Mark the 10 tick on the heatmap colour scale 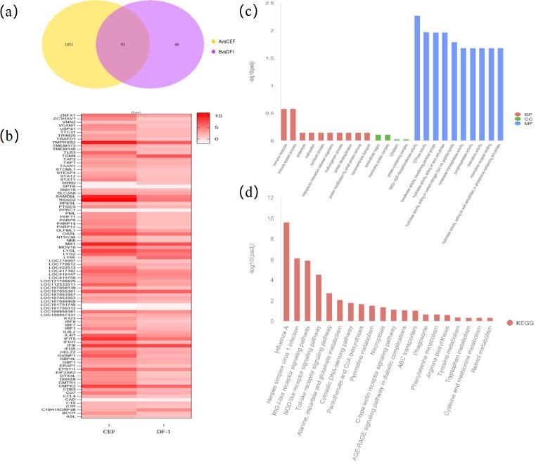tap(219, 115)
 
